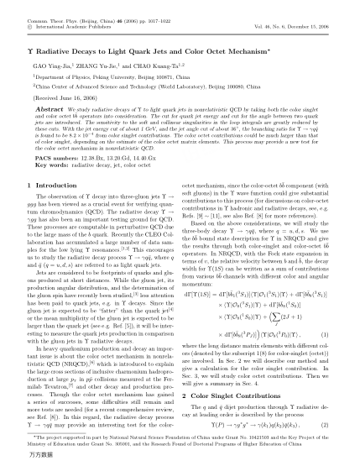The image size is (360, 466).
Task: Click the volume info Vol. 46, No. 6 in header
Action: (x=284, y=17)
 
